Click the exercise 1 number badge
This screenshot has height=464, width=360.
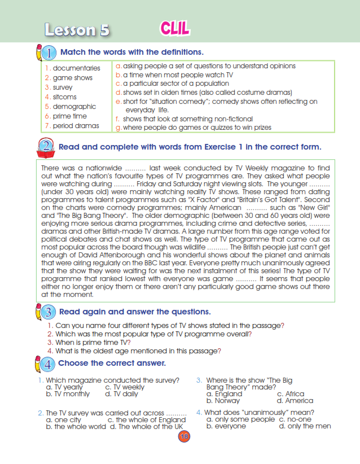coord(49,53)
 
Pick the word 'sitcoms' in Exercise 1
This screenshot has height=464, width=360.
coord(64,97)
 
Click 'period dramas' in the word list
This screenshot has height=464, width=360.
coord(76,126)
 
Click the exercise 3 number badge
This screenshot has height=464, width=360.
coord(49,312)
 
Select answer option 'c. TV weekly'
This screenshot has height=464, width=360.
coord(125,387)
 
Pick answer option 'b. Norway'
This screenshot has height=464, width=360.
coord(223,401)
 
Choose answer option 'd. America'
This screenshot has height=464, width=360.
coord(299,401)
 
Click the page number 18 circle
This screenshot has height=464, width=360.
coord(183,436)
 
